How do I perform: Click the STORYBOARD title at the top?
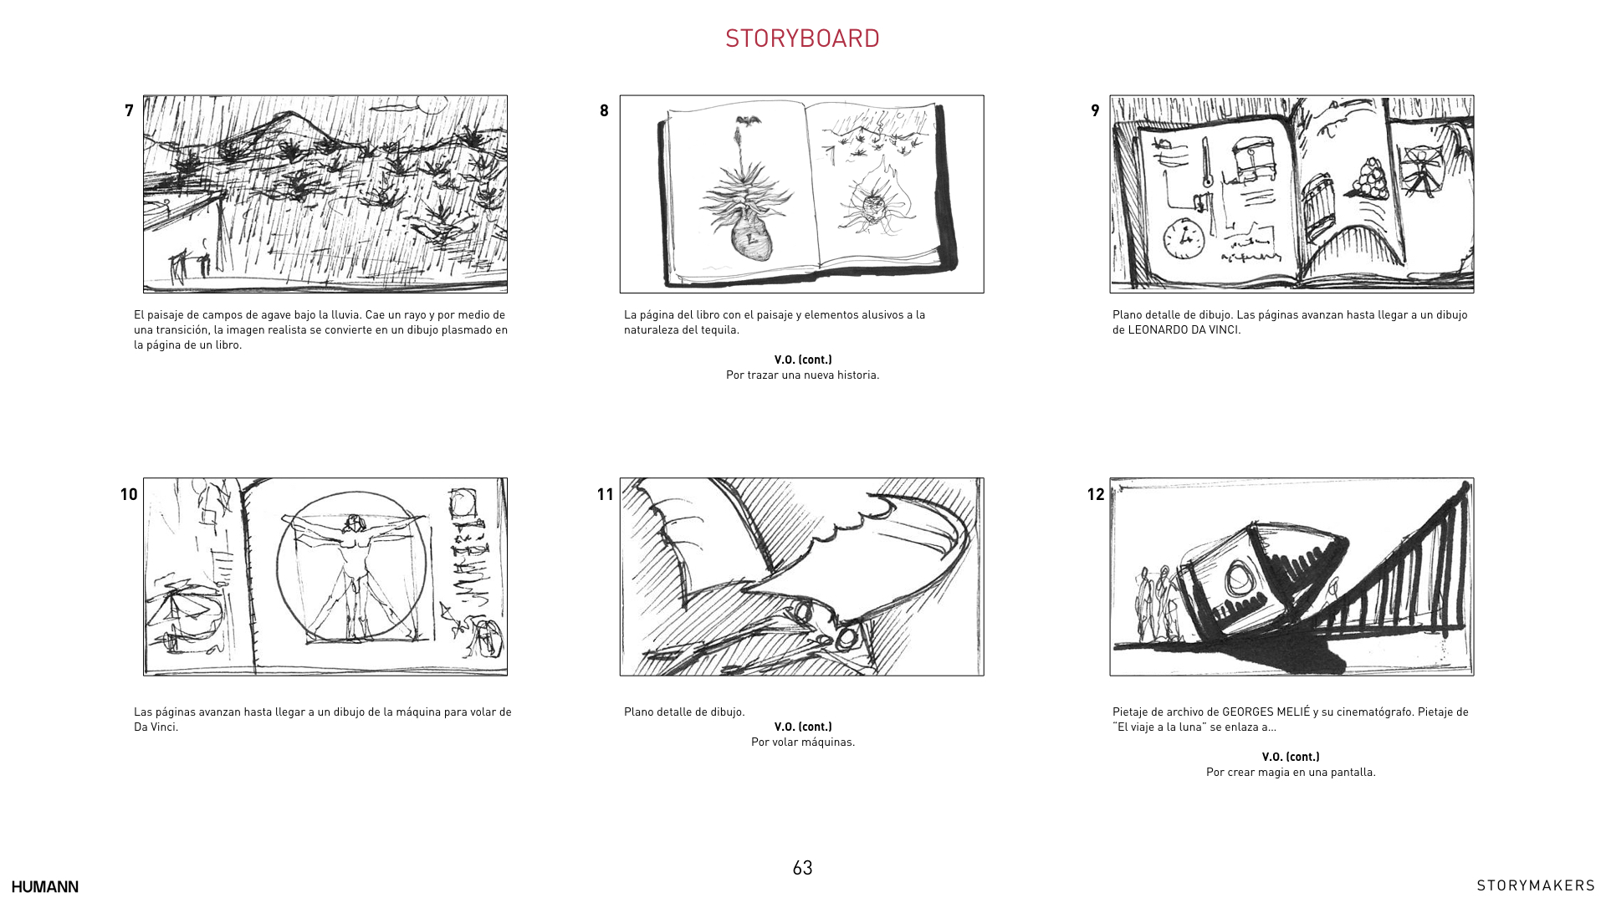[x=802, y=38]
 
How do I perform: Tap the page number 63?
[x=802, y=868]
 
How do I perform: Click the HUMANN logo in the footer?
[x=45, y=887]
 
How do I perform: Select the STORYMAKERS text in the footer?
[x=1536, y=886]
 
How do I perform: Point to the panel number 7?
[x=129, y=110]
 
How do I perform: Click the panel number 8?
[x=604, y=110]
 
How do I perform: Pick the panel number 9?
[x=1095, y=110]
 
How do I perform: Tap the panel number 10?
[x=129, y=494]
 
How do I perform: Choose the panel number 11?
[x=606, y=494]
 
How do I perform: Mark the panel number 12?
[x=1096, y=494]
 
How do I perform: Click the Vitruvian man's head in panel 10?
[x=355, y=523]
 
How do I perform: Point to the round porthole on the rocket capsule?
[x=1237, y=579]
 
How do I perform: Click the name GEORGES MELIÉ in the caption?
[x=1266, y=712]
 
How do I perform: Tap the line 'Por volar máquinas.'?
[x=803, y=742]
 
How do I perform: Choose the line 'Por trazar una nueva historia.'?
[x=803, y=375]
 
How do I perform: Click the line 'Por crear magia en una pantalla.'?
[x=1291, y=773]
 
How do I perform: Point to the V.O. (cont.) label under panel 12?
[x=1291, y=758]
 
